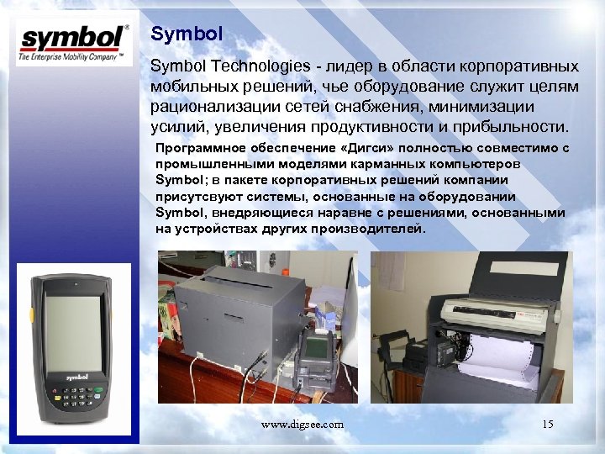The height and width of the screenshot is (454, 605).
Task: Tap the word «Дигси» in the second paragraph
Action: [344, 148]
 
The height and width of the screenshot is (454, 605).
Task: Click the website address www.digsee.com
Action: [302, 425]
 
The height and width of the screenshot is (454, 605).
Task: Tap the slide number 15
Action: [548, 425]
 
